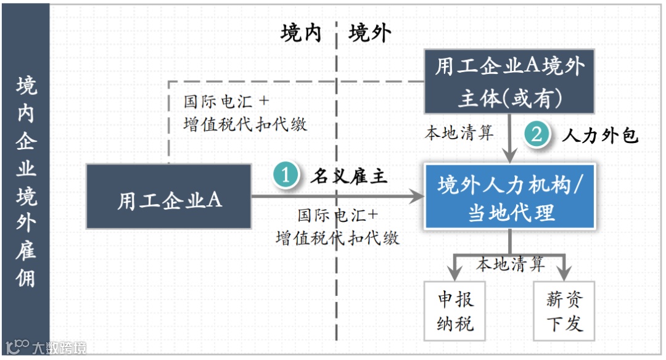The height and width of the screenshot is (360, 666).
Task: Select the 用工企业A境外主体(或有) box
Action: (509, 81)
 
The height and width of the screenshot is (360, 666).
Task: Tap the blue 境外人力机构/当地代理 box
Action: (509, 197)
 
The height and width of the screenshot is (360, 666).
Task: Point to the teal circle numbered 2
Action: (536, 134)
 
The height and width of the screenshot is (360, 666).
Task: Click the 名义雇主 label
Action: (348, 176)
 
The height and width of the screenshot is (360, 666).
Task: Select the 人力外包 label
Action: (599, 135)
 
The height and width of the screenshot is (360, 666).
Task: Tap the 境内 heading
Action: (301, 33)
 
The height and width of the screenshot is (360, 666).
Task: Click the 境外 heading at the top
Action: (369, 33)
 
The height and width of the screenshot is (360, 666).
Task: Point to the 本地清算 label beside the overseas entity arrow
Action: (459, 133)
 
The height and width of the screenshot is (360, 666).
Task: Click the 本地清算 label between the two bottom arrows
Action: (511, 264)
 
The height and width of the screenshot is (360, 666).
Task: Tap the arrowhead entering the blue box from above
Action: (509, 157)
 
